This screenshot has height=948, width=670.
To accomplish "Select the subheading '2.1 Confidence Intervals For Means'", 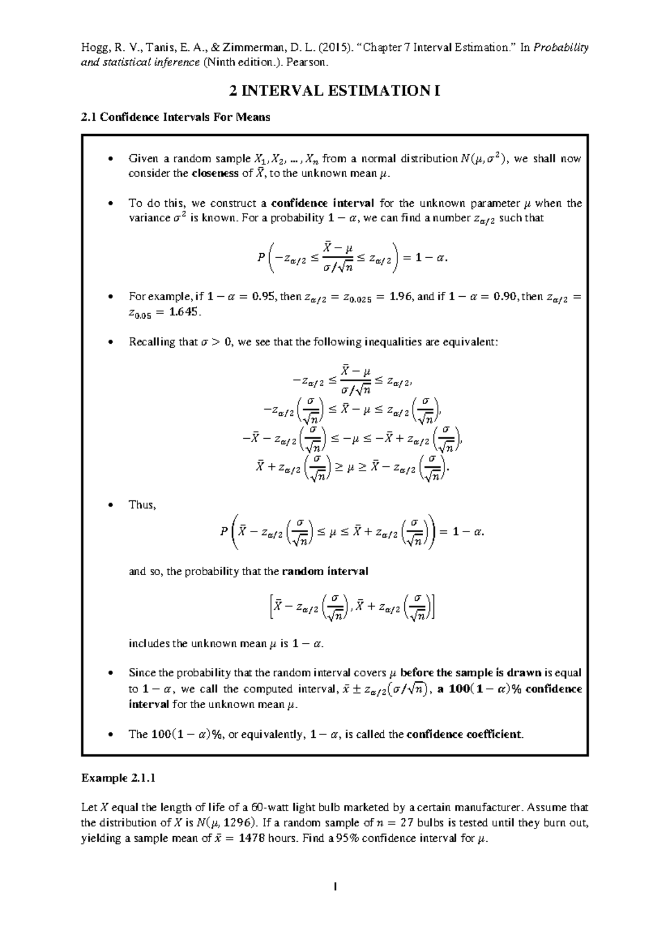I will (x=175, y=117).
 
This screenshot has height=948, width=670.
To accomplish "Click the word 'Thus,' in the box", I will (x=142, y=505).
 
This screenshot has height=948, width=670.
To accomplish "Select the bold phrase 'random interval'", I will (x=325, y=572).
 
